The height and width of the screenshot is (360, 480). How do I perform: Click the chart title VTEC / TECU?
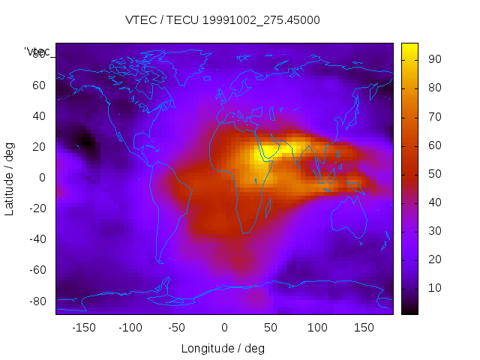tap(223, 20)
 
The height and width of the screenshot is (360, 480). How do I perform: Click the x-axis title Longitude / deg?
tap(223, 349)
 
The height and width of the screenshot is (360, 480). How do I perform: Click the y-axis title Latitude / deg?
tap(10, 178)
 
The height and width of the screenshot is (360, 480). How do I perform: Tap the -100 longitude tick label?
tap(130, 328)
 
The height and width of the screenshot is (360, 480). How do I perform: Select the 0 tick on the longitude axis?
tap(223, 328)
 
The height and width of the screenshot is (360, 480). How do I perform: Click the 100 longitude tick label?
tap(317, 328)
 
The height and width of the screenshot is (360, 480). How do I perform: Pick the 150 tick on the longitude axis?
tap(364, 328)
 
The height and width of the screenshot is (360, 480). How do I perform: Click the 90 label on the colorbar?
tap(434, 59)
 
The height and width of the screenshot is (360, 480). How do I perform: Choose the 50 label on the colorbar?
tap(434, 174)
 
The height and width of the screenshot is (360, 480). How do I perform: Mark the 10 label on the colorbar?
tap(434, 288)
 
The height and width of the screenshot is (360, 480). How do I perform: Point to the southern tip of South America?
tap(159, 262)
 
